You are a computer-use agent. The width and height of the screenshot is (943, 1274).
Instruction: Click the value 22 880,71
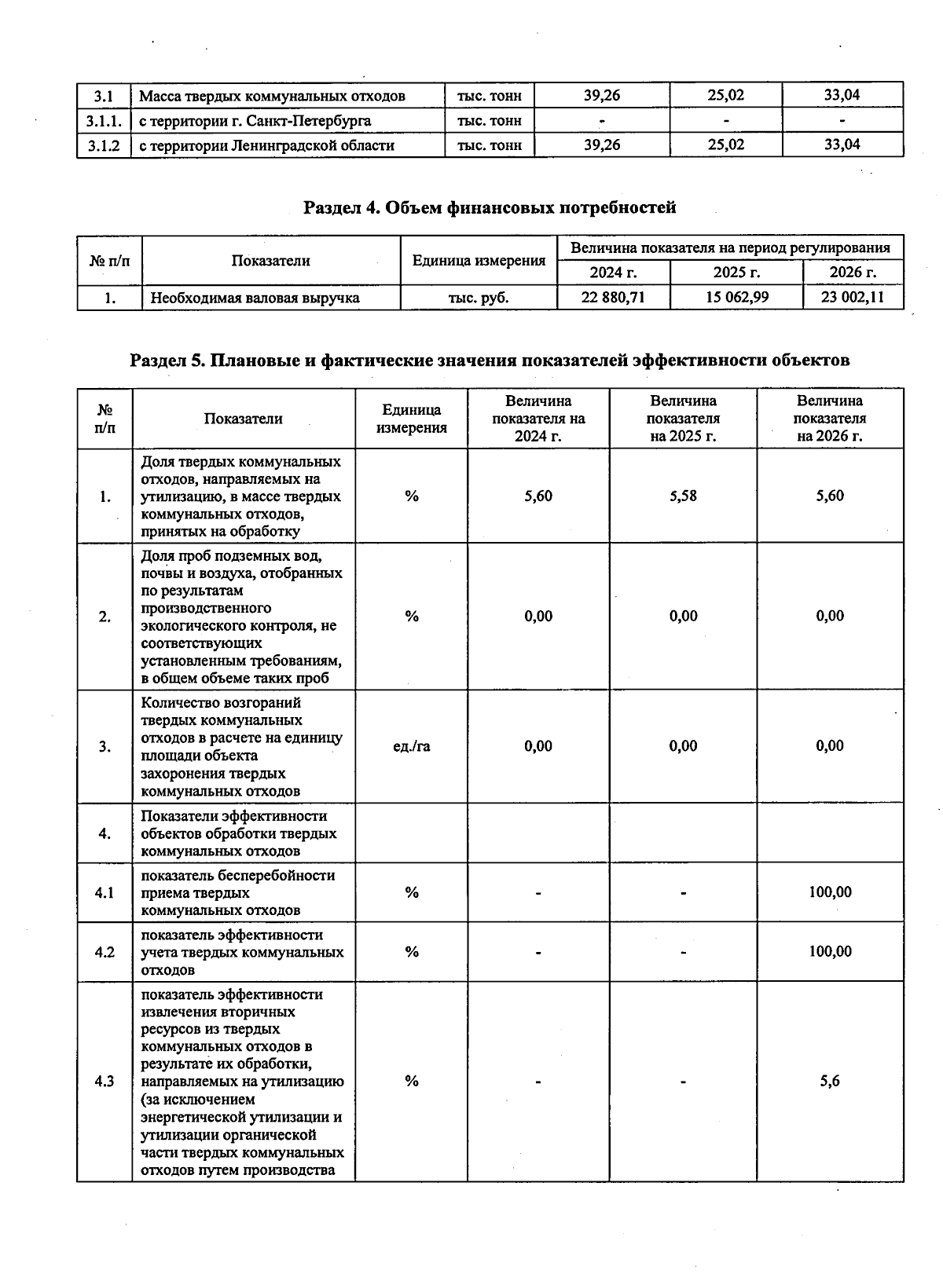[x=613, y=298]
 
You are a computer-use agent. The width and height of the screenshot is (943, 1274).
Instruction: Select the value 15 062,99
[x=736, y=298]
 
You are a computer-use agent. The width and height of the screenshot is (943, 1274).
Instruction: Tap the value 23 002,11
[x=853, y=298]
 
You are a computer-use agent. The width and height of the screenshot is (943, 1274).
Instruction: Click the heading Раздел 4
[x=490, y=207]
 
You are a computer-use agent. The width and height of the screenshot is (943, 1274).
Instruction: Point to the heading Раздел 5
[x=490, y=360]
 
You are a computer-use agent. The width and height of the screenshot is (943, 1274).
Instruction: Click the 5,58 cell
[x=683, y=496]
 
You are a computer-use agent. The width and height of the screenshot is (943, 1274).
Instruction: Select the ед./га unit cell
[x=411, y=746]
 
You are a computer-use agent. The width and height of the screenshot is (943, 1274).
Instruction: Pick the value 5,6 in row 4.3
[x=830, y=1082]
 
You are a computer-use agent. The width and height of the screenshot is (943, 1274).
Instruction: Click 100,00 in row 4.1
[x=830, y=892]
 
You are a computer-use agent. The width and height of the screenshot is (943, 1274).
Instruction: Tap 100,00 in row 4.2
[x=830, y=952]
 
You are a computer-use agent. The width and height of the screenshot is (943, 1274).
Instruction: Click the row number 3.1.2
[x=104, y=145]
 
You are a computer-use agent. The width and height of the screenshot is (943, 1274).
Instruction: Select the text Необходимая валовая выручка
[x=255, y=298]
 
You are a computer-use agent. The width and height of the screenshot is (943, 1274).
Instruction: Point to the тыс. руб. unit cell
[x=478, y=298]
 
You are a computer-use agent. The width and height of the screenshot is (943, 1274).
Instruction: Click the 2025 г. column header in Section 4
[x=736, y=273]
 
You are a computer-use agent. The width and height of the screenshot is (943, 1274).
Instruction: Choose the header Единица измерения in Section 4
[x=479, y=261]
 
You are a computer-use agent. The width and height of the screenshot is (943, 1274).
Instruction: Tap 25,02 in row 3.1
[x=725, y=96]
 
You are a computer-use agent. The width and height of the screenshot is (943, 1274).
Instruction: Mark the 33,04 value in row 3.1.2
[x=842, y=145]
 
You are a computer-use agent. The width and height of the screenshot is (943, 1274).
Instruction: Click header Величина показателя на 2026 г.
[x=830, y=419]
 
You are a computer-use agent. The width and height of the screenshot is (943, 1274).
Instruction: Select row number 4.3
[x=104, y=1082]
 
